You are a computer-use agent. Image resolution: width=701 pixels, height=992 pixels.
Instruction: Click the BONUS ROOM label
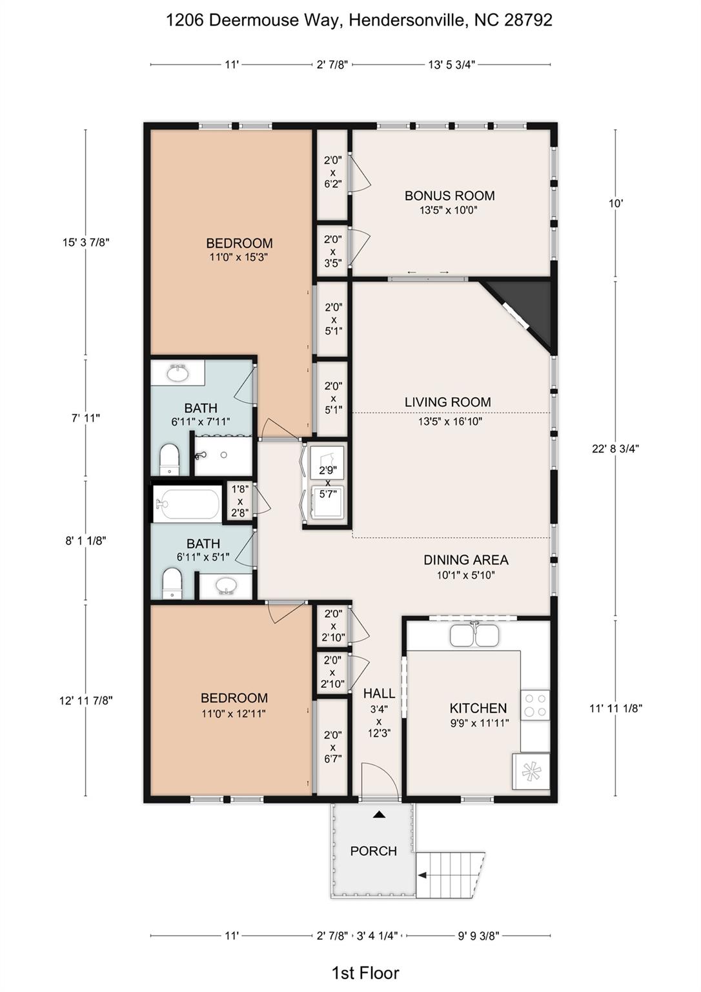point(450,195)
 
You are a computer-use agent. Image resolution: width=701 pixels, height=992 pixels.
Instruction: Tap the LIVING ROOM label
point(448,402)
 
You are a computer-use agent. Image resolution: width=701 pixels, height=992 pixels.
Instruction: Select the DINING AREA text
point(466,560)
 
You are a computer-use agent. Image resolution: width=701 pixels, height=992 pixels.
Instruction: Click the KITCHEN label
point(478,708)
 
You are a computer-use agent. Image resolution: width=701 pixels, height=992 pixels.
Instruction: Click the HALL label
point(380,693)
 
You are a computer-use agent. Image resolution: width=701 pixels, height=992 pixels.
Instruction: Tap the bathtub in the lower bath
point(187,504)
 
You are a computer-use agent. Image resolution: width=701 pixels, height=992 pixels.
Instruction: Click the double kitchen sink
point(474,635)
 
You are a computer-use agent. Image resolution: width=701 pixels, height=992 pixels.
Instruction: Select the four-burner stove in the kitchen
point(535,704)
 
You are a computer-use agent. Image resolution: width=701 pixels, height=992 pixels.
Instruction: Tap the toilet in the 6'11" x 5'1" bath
point(172,584)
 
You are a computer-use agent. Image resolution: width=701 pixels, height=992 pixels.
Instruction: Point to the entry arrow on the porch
point(380,814)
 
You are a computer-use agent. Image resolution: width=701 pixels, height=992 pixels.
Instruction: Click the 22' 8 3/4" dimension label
point(615,449)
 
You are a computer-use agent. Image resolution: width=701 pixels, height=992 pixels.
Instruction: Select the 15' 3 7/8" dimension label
point(86,242)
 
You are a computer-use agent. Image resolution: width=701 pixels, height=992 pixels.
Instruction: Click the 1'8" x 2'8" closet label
point(240,501)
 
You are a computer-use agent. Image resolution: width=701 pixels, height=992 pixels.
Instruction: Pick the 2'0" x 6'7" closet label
point(332,747)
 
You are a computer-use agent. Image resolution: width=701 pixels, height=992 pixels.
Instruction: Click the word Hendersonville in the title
point(407,21)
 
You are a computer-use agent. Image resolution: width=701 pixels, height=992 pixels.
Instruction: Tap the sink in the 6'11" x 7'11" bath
point(178,374)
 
